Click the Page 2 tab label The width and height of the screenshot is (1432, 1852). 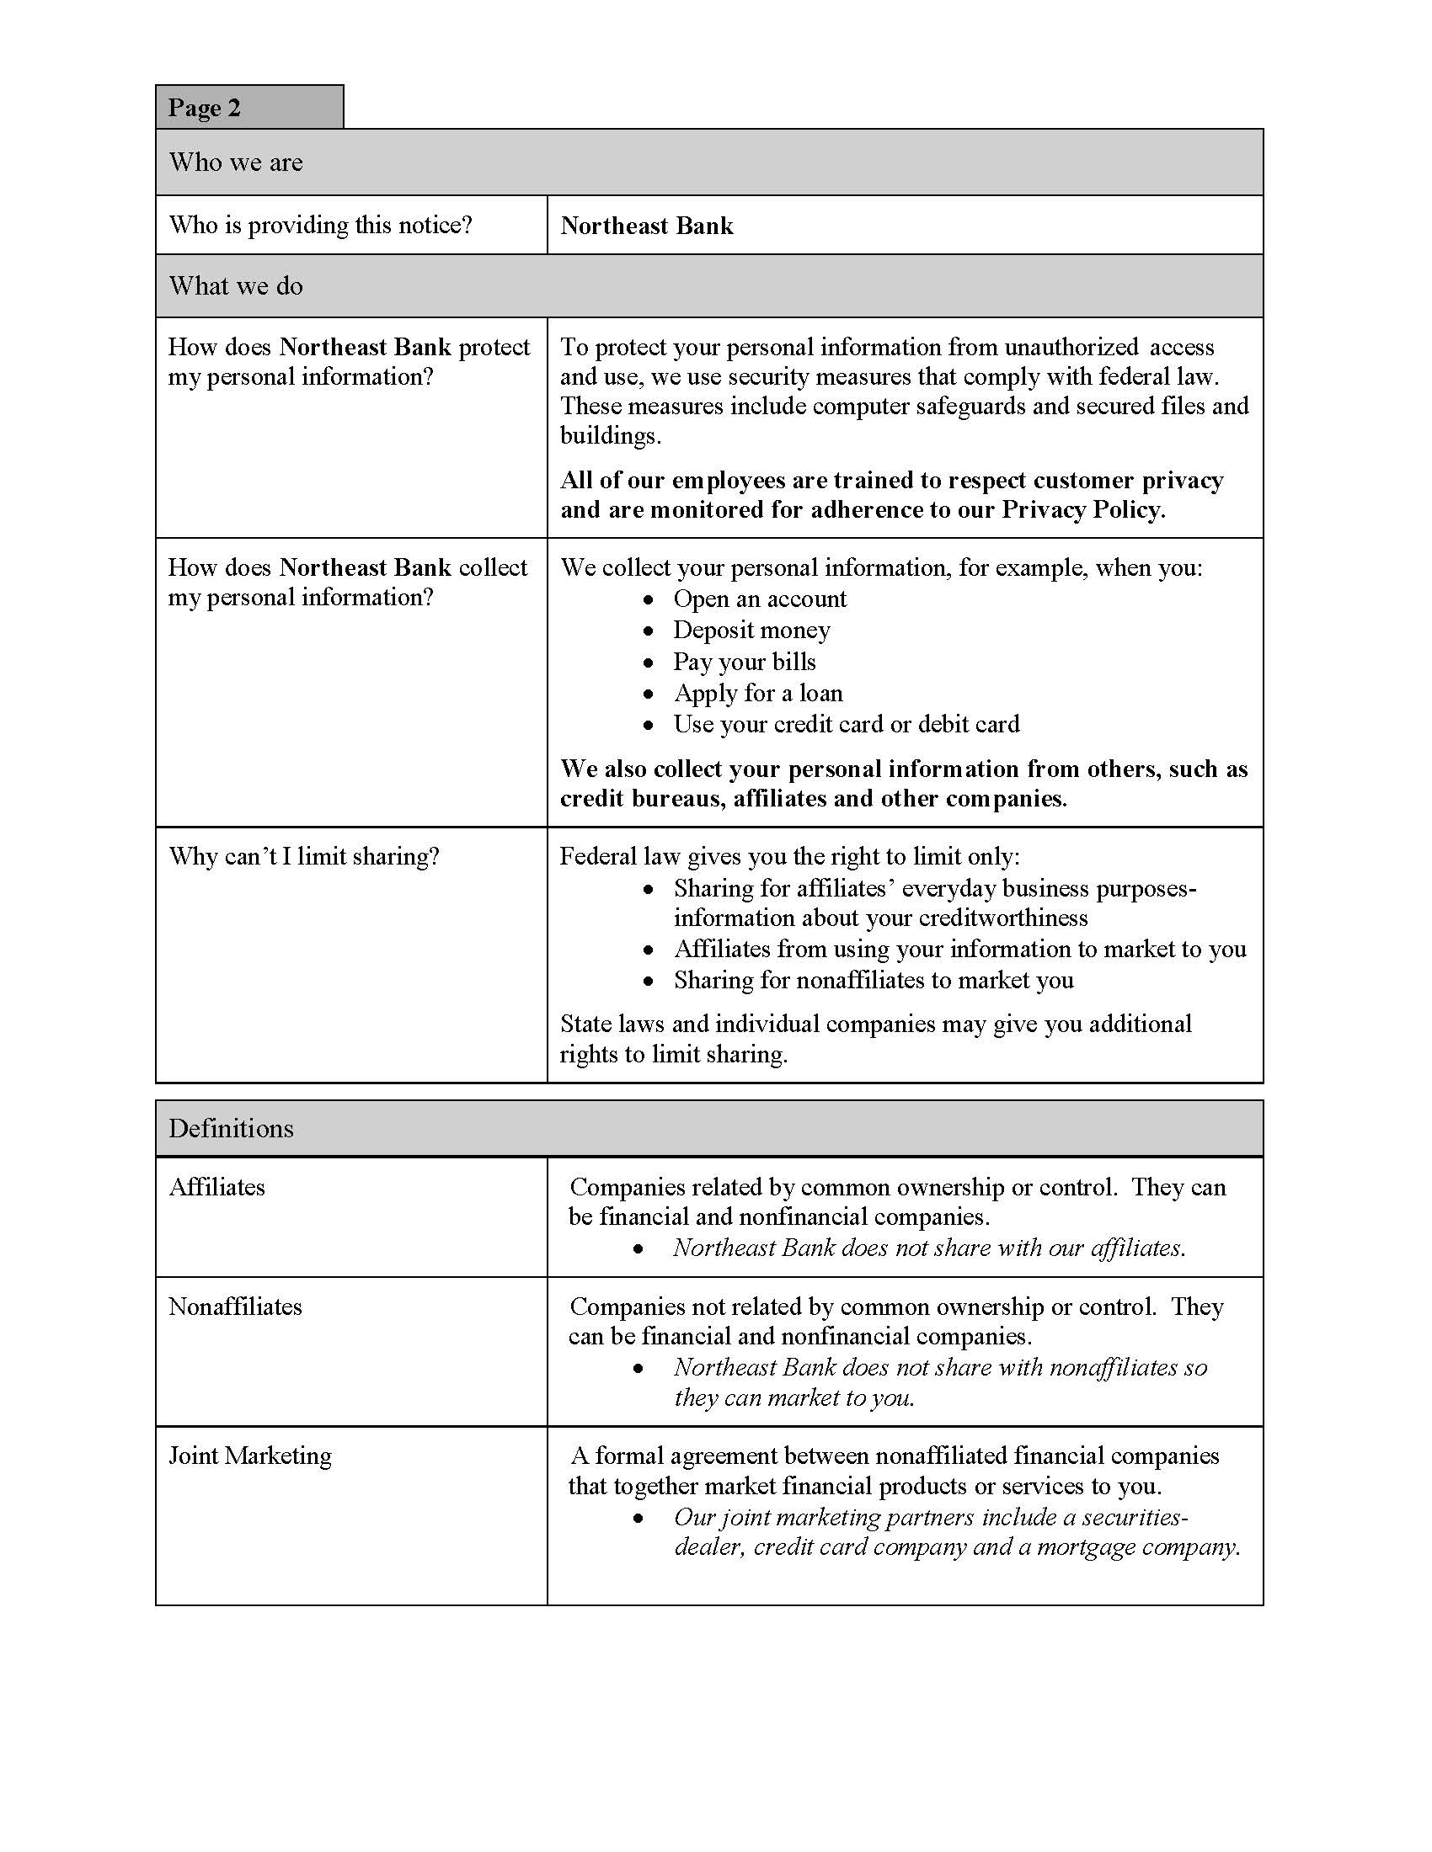click(205, 108)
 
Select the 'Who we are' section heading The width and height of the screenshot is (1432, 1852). click(236, 162)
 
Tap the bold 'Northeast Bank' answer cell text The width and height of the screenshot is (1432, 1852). click(646, 226)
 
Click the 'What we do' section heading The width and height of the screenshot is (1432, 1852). click(236, 285)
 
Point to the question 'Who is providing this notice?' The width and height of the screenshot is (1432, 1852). click(321, 225)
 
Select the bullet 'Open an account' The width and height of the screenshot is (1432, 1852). click(759, 599)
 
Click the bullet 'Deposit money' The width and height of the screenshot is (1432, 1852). click(751, 630)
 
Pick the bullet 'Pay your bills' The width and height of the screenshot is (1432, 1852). click(744, 662)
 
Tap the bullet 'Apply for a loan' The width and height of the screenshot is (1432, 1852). click(757, 693)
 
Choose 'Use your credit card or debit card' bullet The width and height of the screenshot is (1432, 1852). click(846, 724)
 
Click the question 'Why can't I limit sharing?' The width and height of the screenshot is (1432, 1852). click(304, 856)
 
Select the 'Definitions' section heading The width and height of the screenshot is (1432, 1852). click(231, 1129)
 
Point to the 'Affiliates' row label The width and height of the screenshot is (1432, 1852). click(217, 1187)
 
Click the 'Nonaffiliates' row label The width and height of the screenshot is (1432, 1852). click(235, 1307)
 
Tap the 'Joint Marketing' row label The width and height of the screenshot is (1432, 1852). click(250, 1456)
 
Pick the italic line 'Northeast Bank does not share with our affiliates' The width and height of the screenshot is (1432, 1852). click(929, 1248)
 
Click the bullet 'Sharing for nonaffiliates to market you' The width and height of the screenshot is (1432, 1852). click(873, 980)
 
